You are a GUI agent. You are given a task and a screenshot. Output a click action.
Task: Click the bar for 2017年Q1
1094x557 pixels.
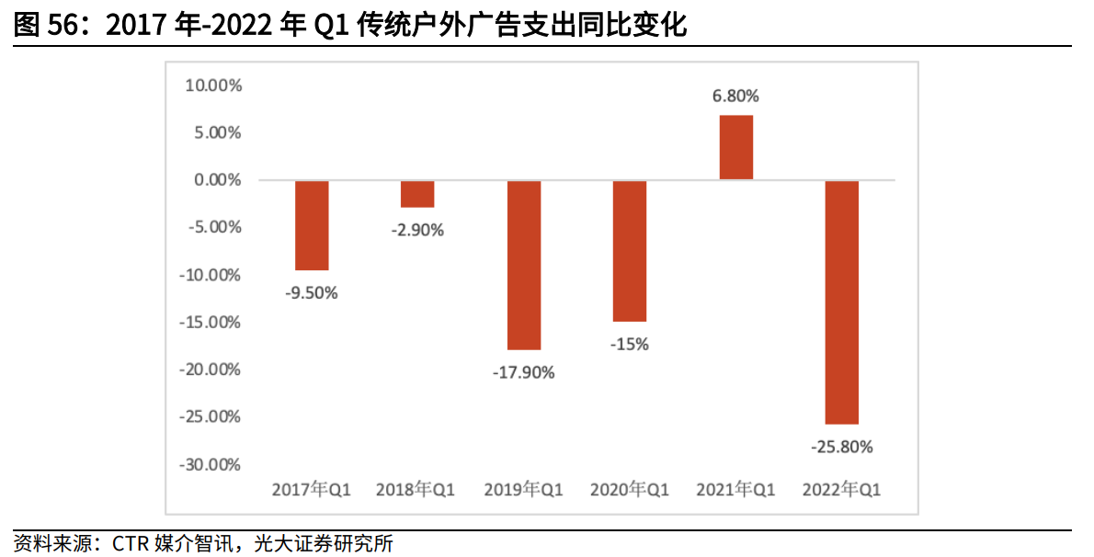point(312,225)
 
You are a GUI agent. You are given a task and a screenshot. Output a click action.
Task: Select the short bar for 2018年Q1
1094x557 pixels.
point(417,194)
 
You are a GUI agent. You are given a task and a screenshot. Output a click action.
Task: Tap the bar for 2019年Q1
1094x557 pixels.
point(524,265)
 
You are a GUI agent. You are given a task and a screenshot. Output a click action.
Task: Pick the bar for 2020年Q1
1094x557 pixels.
point(630,251)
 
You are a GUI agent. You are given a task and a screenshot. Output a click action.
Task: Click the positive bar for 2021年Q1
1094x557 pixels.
point(736,147)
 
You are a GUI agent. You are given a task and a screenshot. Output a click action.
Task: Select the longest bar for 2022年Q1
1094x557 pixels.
point(842,301)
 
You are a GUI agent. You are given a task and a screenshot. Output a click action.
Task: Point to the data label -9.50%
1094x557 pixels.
point(312,294)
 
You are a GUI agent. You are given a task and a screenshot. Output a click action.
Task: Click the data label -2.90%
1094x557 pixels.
point(417,230)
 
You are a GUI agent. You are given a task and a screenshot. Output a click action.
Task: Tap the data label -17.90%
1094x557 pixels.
point(524,373)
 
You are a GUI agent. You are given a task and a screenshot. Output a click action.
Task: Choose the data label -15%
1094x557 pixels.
point(630,345)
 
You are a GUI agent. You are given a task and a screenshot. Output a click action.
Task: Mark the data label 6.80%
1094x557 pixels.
point(736,96)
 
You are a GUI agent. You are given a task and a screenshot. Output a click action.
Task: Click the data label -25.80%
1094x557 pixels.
point(842,448)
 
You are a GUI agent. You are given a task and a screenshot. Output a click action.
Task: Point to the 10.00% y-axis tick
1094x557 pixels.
point(213,85)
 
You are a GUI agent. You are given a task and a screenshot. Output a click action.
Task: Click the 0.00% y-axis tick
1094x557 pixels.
point(217,180)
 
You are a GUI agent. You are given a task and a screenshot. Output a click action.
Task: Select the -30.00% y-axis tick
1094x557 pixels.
point(211,464)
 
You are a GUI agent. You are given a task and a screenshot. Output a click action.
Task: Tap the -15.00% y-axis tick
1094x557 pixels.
point(211,323)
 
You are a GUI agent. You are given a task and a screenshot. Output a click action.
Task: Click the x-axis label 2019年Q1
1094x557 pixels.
point(524,490)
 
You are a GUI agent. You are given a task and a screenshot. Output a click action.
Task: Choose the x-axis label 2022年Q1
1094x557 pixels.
point(842,490)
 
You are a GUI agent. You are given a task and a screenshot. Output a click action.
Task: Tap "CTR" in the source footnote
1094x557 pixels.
point(131,544)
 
